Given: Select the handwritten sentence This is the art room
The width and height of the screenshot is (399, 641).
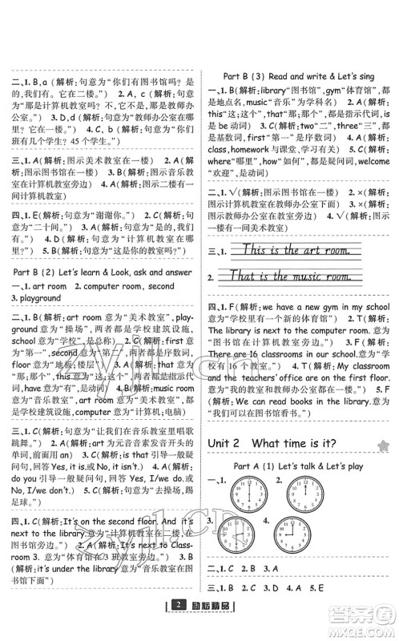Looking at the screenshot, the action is click(290, 251).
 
